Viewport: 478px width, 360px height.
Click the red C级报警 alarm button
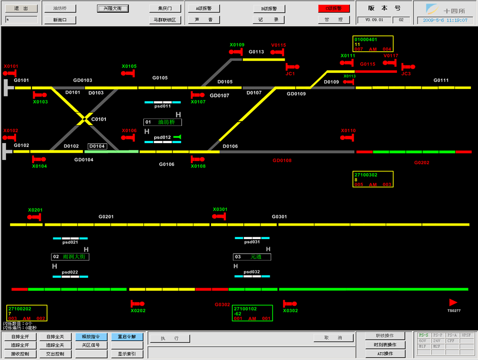click(x=334, y=9)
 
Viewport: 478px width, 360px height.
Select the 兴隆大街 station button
click(x=112, y=9)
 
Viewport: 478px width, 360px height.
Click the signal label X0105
click(x=129, y=66)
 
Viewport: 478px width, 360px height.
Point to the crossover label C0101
click(x=99, y=120)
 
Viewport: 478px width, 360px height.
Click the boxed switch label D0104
click(x=97, y=146)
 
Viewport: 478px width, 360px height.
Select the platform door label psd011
click(x=162, y=106)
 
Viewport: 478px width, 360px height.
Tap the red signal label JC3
click(x=406, y=74)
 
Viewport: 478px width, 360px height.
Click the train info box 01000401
click(x=373, y=44)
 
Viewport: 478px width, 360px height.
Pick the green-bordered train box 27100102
click(x=253, y=313)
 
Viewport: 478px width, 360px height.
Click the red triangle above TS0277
click(x=453, y=302)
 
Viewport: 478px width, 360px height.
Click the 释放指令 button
click(x=91, y=337)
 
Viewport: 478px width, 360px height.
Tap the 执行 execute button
click(x=169, y=338)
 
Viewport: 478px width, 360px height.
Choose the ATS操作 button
click(x=385, y=354)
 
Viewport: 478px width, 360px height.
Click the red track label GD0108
click(x=282, y=160)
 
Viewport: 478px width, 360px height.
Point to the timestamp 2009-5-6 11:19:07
click(x=445, y=20)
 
